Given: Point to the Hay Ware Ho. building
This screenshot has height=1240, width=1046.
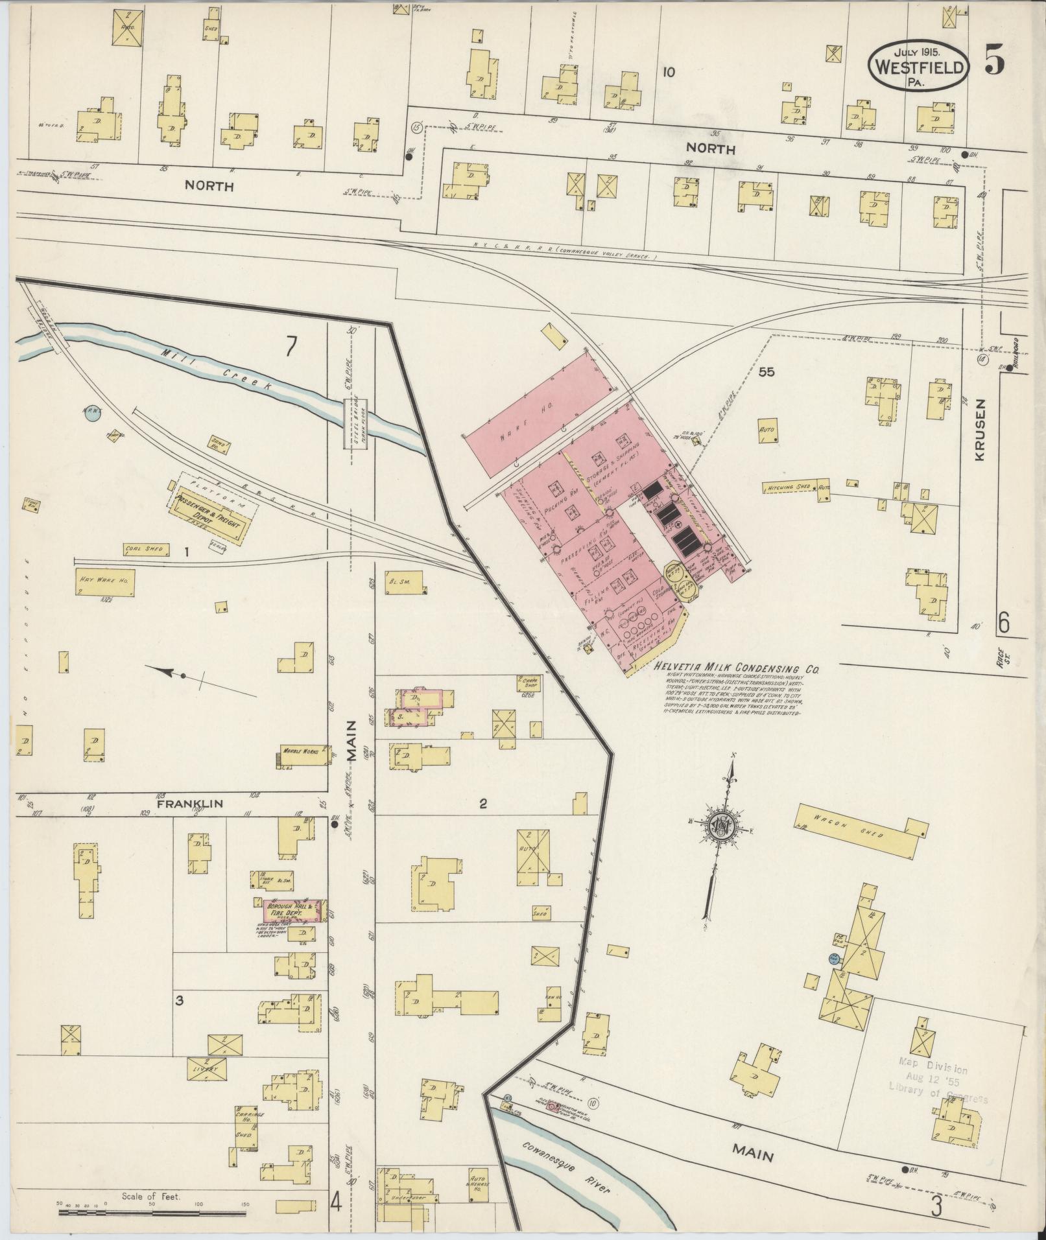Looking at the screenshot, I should (104, 582).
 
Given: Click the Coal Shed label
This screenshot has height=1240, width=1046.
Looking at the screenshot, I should (146, 550).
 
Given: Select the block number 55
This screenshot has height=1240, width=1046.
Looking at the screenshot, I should (767, 372).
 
